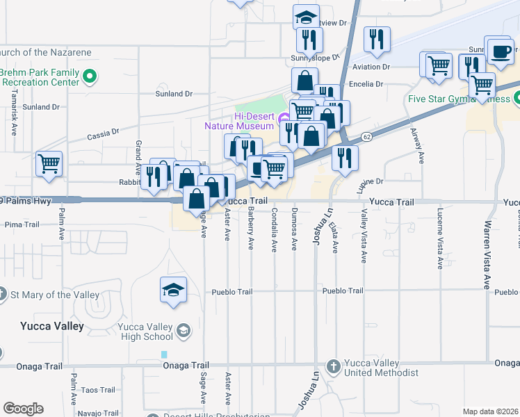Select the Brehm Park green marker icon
pyautogui.click(x=89, y=76)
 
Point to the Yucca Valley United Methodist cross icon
pyautogui.click(x=333, y=366)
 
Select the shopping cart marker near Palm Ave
pyautogui.click(x=49, y=164)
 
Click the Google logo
pyautogui.click(x=23, y=409)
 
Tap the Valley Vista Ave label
pyautogui.click(x=363, y=238)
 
